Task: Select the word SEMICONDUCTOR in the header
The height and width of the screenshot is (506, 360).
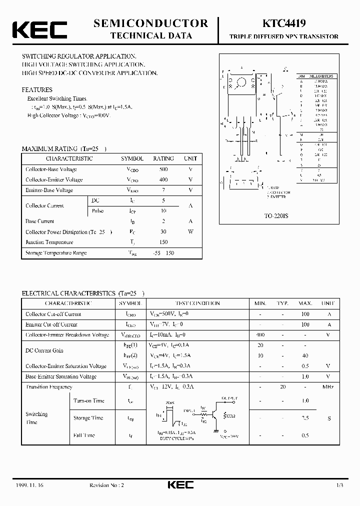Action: coord(150,23)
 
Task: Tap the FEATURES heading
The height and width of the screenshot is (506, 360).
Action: coord(37,90)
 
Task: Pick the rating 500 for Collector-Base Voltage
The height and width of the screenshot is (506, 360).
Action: coord(163,169)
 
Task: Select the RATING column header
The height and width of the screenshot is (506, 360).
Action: coord(163,158)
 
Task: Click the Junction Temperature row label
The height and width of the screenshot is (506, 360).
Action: coord(49,242)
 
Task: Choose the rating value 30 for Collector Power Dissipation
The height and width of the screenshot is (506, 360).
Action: coord(163,232)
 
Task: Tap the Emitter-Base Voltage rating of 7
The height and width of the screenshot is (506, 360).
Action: coord(163,190)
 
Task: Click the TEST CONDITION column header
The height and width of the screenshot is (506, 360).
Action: coord(197,303)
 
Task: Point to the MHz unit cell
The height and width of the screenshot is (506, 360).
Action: coord(327,387)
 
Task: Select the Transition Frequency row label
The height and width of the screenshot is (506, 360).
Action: coord(49,387)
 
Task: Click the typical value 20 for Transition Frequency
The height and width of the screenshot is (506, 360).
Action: coord(283,387)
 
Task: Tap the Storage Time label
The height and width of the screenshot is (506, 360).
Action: coord(88,418)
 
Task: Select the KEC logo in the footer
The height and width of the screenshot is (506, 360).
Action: coord(179,485)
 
